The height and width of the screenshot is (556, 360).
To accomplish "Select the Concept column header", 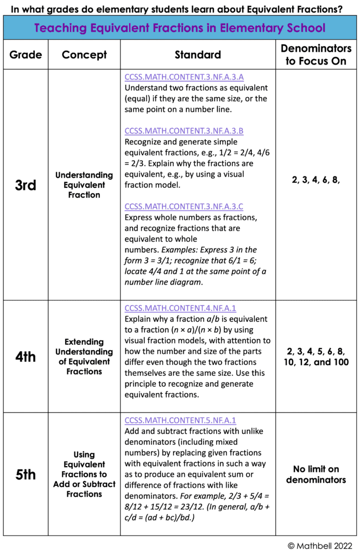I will click(x=84, y=55).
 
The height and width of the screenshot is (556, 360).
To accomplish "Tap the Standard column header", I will click(x=198, y=55).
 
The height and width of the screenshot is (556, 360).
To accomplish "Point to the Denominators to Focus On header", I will click(x=315, y=55).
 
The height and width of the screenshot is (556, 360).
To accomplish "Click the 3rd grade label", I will click(x=25, y=185).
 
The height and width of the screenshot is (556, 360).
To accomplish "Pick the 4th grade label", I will click(x=25, y=357).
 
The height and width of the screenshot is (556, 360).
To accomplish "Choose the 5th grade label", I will click(x=25, y=475).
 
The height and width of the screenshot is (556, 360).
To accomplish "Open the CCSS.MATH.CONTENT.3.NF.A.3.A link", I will click(x=184, y=77).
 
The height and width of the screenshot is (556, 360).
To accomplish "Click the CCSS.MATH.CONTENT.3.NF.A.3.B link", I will click(x=184, y=131).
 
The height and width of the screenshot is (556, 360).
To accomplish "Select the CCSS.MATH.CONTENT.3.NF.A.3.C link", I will click(x=184, y=206).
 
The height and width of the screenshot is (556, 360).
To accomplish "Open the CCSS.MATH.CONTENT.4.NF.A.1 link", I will click(x=180, y=308).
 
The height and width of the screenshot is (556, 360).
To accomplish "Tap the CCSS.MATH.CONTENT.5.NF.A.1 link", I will click(x=180, y=420).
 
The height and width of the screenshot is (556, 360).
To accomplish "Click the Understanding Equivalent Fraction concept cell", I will click(x=84, y=185).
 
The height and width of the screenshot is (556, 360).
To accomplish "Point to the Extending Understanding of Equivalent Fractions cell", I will click(x=84, y=357).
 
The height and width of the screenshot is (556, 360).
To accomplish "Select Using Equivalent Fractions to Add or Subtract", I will click(x=84, y=475).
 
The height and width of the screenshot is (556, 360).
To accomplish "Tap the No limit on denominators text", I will click(x=315, y=475).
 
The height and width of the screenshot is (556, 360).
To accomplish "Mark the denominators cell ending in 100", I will click(x=315, y=356).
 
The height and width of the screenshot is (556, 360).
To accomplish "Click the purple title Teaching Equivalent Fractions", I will click(x=180, y=28).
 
